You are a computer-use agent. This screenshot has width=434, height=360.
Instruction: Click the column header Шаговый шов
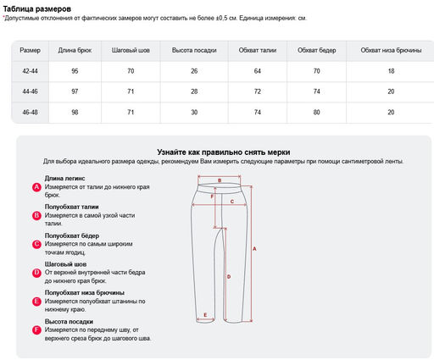click(131, 50)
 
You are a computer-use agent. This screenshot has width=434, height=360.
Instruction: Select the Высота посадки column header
click(194, 50)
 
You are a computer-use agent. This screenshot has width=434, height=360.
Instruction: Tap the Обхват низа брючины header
click(391, 50)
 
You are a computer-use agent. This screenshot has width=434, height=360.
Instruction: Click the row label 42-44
click(30, 71)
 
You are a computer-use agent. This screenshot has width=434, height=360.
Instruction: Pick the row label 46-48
click(30, 112)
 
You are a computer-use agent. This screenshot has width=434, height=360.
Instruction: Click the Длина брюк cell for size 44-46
click(75, 91)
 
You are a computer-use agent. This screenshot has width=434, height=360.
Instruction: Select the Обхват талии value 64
click(258, 71)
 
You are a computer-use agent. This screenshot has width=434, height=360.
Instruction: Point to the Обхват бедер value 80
click(316, 112)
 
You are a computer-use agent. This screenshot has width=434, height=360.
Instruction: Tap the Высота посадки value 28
click(194, 91)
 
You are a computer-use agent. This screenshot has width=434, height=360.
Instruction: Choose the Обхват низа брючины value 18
click(391, 71)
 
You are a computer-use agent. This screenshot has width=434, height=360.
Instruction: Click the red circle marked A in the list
click(36, 187)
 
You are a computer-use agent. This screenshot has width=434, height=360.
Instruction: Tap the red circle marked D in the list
click(36, 273)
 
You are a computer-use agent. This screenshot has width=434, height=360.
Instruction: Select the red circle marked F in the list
click(36, 330)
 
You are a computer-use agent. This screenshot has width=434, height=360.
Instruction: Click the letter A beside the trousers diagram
click(254, 249)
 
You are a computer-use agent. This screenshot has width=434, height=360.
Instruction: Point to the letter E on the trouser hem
click(205, 315)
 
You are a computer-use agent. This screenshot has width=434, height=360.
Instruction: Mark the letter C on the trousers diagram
click(232, 202)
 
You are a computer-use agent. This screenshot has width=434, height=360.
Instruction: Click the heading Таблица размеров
click(37, 9)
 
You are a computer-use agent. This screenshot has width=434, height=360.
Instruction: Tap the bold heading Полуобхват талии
click(71, 207)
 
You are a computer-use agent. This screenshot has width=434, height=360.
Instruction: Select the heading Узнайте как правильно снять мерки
click(224, 152)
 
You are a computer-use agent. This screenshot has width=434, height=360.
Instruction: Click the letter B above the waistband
click(220, 180)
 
